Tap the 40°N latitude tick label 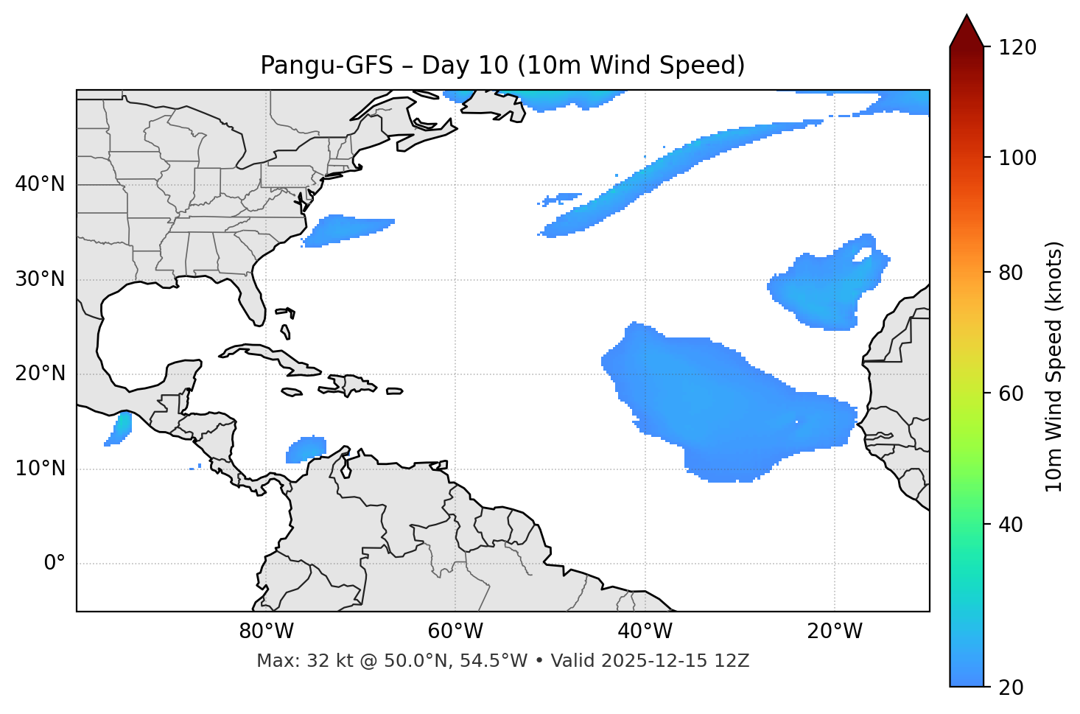point(40,184)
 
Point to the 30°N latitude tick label point(40,279)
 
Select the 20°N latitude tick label point(40,374)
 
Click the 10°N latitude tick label point(40,469)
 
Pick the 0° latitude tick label point(55,564)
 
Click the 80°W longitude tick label point(266,631)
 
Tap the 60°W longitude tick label point(455,631)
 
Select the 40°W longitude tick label point(645,631)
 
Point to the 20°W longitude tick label point(834,631)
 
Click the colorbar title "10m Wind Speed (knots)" point(1054,366)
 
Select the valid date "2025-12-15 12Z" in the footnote point(675,661)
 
